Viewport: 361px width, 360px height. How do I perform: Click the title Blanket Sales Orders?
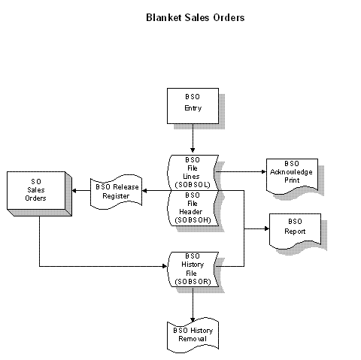195,17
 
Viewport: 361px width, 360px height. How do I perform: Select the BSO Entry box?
193,106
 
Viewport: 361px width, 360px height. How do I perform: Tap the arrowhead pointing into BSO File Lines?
193,150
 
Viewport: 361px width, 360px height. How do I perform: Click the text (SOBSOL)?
193,185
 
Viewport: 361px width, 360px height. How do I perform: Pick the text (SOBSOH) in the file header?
193,220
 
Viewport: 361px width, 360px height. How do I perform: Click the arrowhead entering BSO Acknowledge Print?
264,172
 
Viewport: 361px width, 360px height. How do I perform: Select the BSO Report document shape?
295,231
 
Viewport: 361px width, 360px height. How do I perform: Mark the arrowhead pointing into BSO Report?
267,228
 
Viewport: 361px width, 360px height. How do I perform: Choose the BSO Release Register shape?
117,192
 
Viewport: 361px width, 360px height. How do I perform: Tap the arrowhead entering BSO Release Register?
144,191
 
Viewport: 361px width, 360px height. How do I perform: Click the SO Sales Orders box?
39,194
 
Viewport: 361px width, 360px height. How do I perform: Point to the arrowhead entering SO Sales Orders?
74,191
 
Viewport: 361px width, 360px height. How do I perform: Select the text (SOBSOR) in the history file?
193,282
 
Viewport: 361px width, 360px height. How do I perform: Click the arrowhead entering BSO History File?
165,266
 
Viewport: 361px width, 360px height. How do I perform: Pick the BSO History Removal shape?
193,335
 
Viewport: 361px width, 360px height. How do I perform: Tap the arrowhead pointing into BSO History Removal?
193,320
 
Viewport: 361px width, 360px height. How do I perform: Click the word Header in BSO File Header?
190,212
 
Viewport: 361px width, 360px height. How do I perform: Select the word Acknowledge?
291,172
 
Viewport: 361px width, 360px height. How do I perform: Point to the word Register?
116,196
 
